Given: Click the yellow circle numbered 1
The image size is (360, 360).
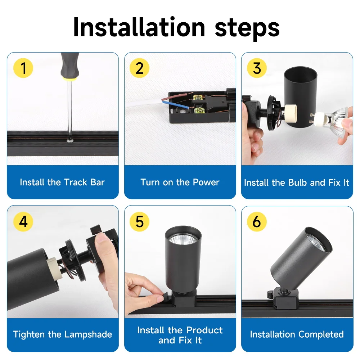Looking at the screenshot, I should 23,68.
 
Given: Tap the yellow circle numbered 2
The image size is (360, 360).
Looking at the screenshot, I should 140,68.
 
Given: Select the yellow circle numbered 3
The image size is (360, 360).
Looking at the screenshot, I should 257,68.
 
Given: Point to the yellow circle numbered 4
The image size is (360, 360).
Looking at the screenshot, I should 23,221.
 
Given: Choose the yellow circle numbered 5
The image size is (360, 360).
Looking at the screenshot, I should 140,221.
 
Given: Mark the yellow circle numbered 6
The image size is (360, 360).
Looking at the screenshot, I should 257,221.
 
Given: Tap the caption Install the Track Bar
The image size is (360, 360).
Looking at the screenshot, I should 62,182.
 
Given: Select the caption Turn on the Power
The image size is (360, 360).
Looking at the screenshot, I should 180,182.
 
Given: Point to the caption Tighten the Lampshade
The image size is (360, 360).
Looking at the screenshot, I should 63,334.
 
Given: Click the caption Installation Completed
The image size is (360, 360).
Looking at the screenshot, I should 297,334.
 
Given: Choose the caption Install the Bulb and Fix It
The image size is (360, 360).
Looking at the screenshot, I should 297,183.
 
